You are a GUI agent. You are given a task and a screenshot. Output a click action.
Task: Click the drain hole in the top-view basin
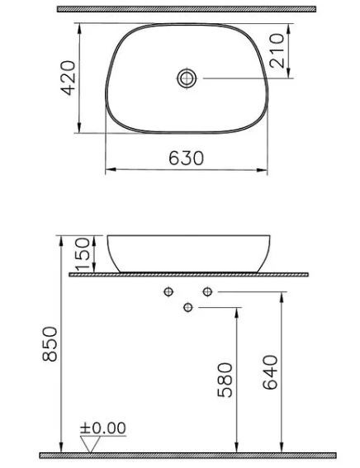[187, 78]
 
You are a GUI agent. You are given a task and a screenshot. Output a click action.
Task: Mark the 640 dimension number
[270, 373]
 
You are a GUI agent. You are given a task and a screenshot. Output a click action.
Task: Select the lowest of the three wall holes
[187, 308]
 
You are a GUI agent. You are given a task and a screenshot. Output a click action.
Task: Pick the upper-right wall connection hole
[207, 291]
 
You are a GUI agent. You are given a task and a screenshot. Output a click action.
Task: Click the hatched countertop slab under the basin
[190, 274]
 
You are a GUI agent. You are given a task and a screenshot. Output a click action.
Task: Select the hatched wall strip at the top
[187, 9]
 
